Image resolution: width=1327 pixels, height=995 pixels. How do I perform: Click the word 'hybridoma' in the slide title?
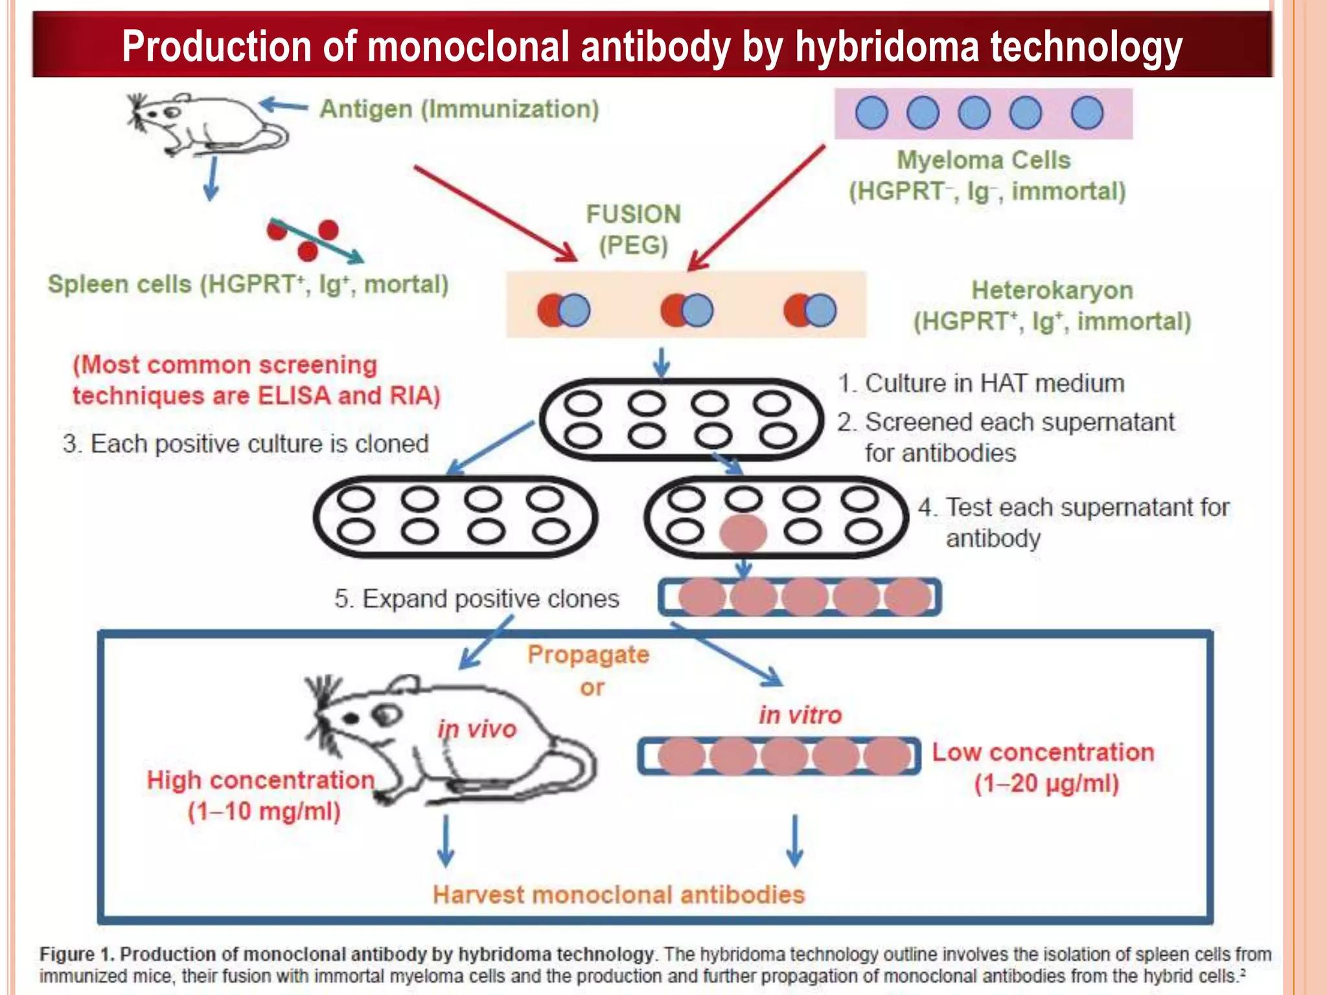[x=886, y=47]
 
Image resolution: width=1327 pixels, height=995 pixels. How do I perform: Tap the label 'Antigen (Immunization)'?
[x=459, y=109]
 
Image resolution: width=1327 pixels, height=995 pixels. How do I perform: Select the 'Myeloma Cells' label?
[x=983, y=160]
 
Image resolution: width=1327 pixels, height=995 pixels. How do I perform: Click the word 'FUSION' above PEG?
[x=633, y=214]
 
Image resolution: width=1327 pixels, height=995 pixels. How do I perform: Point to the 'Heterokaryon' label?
[x=1052, y=290]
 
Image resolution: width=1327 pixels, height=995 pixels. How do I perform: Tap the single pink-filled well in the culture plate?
[x=743, y=533]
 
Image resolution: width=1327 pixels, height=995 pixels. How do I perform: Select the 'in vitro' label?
[x=800, y=715]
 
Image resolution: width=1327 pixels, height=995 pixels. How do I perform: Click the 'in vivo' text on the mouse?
[x=477, y=729]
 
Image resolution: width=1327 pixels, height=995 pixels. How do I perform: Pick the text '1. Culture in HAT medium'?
[x=981, y=383]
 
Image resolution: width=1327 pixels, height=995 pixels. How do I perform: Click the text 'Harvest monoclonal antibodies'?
[x=618, y=895]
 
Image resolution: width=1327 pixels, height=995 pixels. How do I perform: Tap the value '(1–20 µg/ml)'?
[x=1046, y=784]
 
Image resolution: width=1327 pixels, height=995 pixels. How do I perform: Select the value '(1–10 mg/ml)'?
[x=264, y=811]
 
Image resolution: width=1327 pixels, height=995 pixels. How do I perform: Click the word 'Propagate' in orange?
[x=588, y=655]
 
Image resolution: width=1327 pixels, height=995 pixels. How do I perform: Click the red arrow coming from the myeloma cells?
[x=756, y=207]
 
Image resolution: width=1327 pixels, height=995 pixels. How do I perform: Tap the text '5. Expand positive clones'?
[x=476, y=599]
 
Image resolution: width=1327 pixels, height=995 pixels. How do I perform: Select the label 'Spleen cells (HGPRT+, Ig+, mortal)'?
[x=248, y=284]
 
